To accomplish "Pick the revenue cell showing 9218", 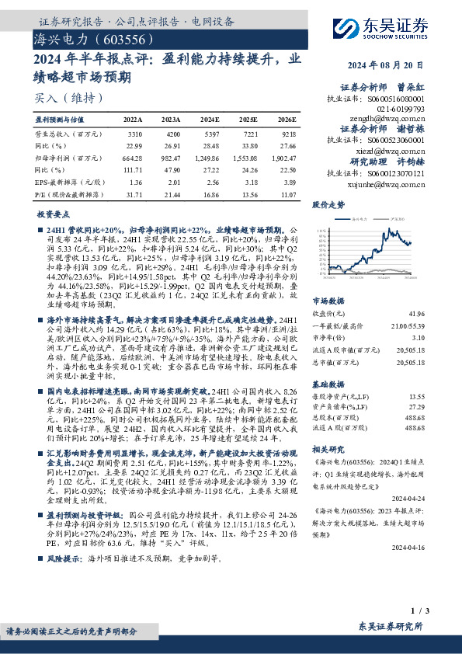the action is tap(286, 134).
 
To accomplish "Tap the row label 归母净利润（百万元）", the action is tap(61, 158).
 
